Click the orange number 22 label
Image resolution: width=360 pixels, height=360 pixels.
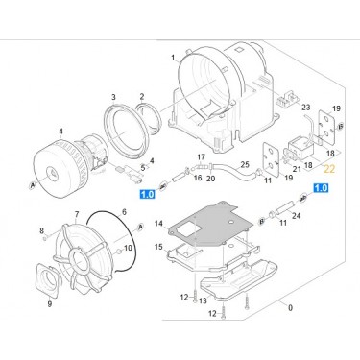click(x=329, y=169)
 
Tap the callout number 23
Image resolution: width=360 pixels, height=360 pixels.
click(x=306, y=107)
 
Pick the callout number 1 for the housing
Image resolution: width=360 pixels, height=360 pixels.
click(x=173, y=58)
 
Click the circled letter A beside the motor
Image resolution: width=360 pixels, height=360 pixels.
click(x=32, y=185)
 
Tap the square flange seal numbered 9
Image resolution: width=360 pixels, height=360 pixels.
click(x=48, y=280)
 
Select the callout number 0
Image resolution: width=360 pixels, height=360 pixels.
click(x=290, y=308)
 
